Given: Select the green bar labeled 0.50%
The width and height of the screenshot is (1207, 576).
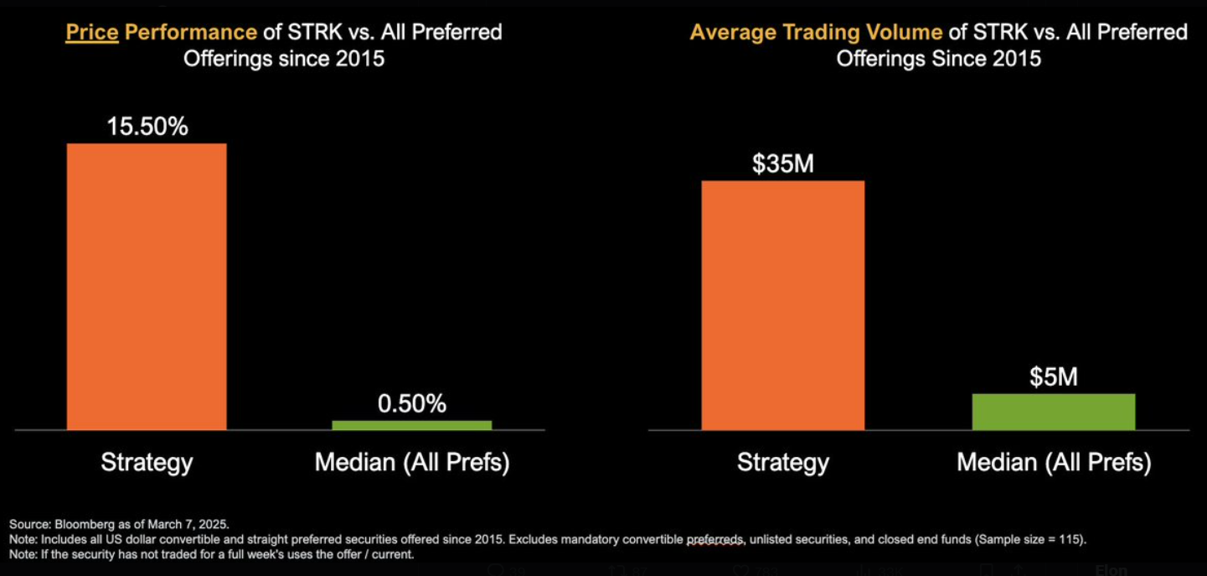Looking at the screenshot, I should (411, 425).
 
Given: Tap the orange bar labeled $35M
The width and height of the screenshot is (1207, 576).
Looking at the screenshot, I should (782, 305).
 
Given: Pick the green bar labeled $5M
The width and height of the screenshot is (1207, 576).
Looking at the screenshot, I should (1053, 412).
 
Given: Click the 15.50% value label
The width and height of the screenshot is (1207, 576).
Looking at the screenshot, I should (147, 127).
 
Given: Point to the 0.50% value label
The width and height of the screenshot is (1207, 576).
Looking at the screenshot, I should (411, 403).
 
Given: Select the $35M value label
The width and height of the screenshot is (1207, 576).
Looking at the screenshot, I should (782, 164).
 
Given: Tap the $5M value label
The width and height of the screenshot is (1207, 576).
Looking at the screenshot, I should (1053, 377).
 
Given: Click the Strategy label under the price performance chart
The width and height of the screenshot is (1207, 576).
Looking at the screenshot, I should (147, 462).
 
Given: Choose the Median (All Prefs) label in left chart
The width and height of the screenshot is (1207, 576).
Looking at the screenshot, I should (411, 462).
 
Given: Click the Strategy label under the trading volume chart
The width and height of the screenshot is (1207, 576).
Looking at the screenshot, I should (782, 462).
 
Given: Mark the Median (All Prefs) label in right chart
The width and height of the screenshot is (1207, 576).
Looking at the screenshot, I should (1053, 462).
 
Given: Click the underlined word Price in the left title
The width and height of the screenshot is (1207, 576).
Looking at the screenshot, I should (92, 33).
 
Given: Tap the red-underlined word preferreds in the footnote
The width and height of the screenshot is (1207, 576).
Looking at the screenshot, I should (715, 539).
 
